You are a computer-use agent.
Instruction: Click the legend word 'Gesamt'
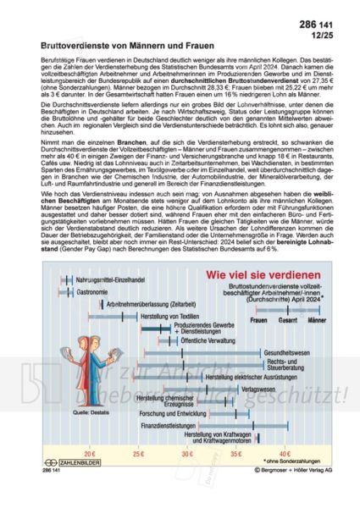(287, 321)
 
